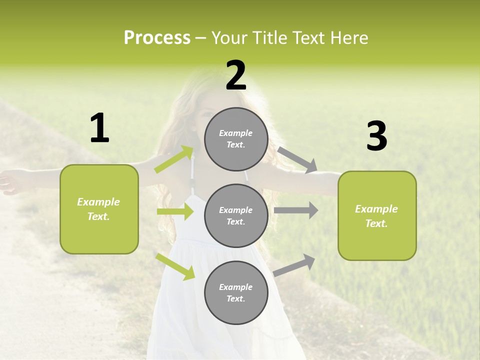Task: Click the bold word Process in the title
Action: [x=157, y=37]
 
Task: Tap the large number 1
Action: [x=99, y=128]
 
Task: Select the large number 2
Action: [x=236, y=75]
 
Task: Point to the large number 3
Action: [x=376, y=136]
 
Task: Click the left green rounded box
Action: [x=99, y=209]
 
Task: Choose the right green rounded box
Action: [x=377, y=215]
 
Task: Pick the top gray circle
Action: [x=236, y=139]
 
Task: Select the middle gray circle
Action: [x=236, y=215]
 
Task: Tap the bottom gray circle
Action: [x=236, y=292]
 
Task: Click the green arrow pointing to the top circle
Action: [x=174, y=159]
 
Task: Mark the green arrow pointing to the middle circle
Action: [x=175, y=211]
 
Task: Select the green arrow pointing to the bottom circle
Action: [x=175, y=266]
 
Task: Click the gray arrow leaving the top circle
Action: [x=297, y=159]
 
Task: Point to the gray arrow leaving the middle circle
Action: [x=296, y=210]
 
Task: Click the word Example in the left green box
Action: [x=98, y=202]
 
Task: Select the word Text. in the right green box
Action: [x=376, y=223]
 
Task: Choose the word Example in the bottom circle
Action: [x=235, y=287]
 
